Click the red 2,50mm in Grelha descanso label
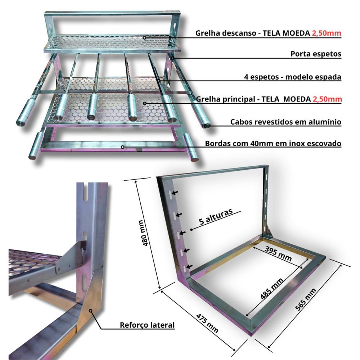point(326,33)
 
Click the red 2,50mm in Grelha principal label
point(326,99)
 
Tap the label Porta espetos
point(316,54)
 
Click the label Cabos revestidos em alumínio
point(285,122)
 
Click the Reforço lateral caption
point(147,325)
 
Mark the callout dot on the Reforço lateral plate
point(91,310)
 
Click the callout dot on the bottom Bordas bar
point(123,147)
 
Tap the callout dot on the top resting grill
point(144,37)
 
